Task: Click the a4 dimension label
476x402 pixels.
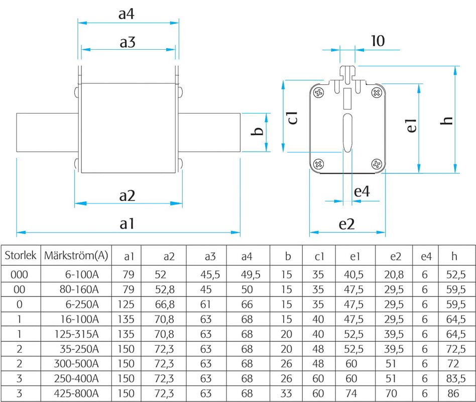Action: (127, 14)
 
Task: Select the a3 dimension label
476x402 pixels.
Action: (128, 42)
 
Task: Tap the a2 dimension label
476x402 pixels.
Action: (128, 195)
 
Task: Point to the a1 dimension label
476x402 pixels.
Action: (127, 224)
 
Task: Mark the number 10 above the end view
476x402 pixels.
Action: (377, 41)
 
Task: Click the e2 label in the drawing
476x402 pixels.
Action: (346, 224)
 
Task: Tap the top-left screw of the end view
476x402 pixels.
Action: (318, 92)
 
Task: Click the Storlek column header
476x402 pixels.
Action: (21, 255)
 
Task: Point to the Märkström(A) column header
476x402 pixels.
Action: (76, 255)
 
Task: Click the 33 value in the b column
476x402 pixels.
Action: (287, 393)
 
